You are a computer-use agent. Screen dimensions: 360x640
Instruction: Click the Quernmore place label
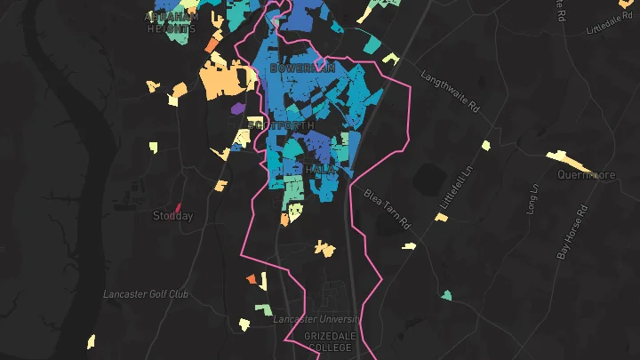point(586,175)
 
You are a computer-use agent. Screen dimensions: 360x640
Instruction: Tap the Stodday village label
point(172,216)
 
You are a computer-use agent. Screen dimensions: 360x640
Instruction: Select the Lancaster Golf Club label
point(146,293)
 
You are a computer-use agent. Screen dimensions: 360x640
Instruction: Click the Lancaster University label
point(316,319)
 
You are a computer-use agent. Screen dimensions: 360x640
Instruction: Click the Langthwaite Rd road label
point(450,92)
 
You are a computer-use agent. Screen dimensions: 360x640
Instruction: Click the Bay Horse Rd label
point(573,232)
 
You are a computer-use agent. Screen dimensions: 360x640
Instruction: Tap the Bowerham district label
point(303,68)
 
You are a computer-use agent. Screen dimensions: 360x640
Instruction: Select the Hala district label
point(320,169)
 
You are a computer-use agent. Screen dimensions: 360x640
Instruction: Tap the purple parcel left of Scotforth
point(237,108)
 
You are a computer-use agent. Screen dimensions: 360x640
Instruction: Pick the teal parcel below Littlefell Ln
point(446,295)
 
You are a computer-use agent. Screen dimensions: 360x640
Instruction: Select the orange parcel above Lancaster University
point(252,280)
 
